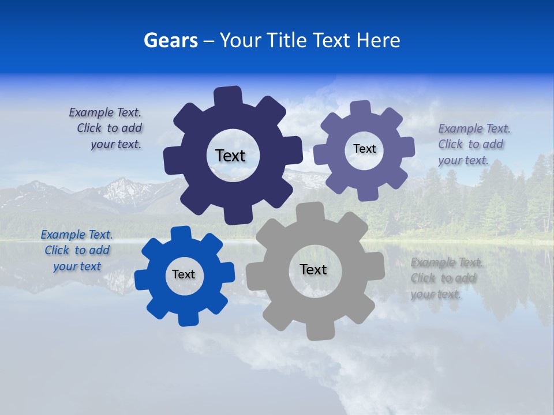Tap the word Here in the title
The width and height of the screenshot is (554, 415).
coord(378,40)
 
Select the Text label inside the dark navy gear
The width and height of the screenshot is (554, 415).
coord(230,156)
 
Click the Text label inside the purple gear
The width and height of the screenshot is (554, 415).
coord(364,149)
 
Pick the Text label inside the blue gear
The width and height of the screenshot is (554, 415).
coord(184,274)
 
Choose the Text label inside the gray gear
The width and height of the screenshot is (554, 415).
coord(313,269)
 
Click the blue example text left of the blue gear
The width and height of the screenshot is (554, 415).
coord(77,250)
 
